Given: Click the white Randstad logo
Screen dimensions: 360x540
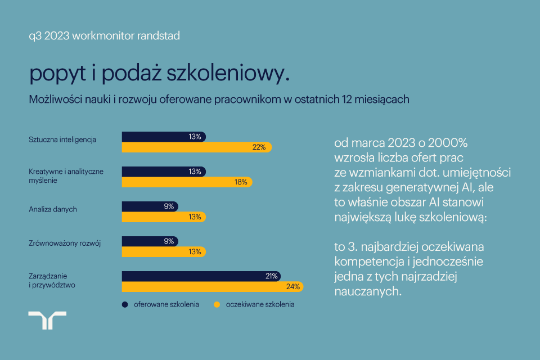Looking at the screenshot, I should (47, 319).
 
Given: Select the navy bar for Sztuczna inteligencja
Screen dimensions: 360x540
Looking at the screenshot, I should (164, 137).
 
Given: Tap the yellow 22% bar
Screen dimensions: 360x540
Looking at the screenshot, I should (197, 147).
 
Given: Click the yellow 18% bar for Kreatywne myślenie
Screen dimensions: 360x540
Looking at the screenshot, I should (187, 182).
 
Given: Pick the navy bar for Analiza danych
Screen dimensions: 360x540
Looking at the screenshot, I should (150, 206).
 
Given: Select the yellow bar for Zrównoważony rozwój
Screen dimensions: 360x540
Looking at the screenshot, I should (164, 252).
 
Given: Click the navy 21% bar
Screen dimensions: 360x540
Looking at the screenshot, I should (201, 276).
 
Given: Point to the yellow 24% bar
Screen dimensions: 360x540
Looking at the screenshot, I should (213, 287).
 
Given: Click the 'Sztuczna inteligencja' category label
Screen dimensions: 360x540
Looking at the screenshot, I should (62, 139).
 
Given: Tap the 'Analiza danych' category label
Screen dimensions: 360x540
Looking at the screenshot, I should (52, 209).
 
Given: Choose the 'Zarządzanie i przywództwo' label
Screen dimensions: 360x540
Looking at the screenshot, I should (52, 280).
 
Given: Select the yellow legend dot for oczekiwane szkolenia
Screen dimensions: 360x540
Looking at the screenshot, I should (216, 305).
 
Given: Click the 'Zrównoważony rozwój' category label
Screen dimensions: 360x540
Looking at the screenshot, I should (64, 244).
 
